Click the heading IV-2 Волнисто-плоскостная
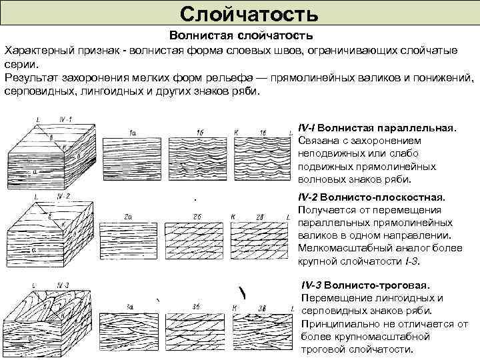[x=371, y=198]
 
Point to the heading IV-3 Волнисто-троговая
[x=363, y=285]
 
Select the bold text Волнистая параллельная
[x=399, y=127]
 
